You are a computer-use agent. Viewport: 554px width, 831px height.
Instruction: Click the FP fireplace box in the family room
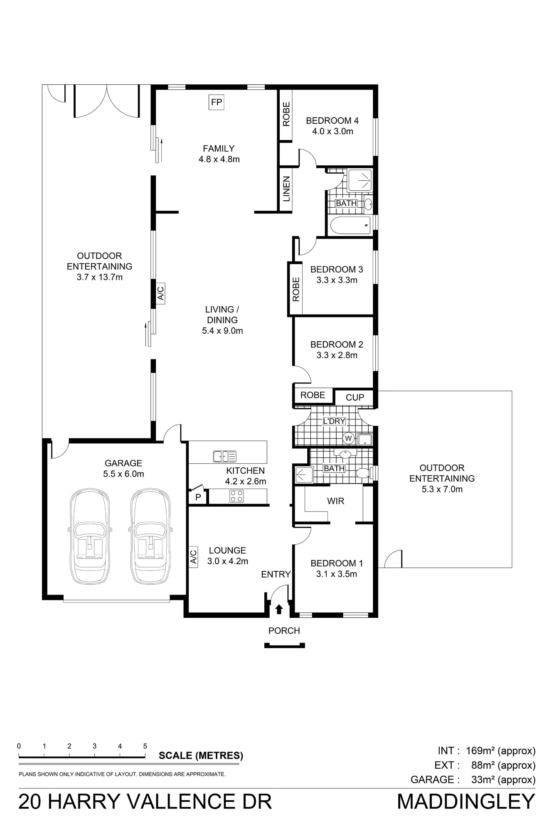217,102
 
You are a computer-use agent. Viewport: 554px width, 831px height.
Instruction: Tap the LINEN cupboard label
286,189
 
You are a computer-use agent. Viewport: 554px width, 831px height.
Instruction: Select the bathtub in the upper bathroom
350,226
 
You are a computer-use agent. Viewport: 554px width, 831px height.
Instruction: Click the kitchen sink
224,456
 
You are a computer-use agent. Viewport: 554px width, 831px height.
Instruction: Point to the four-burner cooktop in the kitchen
237,496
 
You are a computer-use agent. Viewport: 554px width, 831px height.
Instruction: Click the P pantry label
198,497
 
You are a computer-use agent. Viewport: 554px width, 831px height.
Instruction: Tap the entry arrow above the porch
279,609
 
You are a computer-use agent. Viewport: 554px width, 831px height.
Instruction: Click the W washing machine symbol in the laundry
348,438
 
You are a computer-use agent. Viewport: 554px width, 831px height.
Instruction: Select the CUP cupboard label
355,398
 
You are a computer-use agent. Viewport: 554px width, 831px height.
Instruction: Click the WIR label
336,501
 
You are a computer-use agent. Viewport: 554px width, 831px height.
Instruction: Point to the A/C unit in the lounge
193,557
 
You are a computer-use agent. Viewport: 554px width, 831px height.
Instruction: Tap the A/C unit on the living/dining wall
160,293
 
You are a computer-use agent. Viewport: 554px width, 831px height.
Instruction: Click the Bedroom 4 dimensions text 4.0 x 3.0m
333,131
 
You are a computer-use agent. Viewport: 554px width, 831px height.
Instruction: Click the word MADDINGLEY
466,802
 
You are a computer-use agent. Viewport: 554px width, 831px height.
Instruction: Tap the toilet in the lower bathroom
363,473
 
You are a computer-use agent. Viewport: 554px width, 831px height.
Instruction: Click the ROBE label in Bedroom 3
296,289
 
